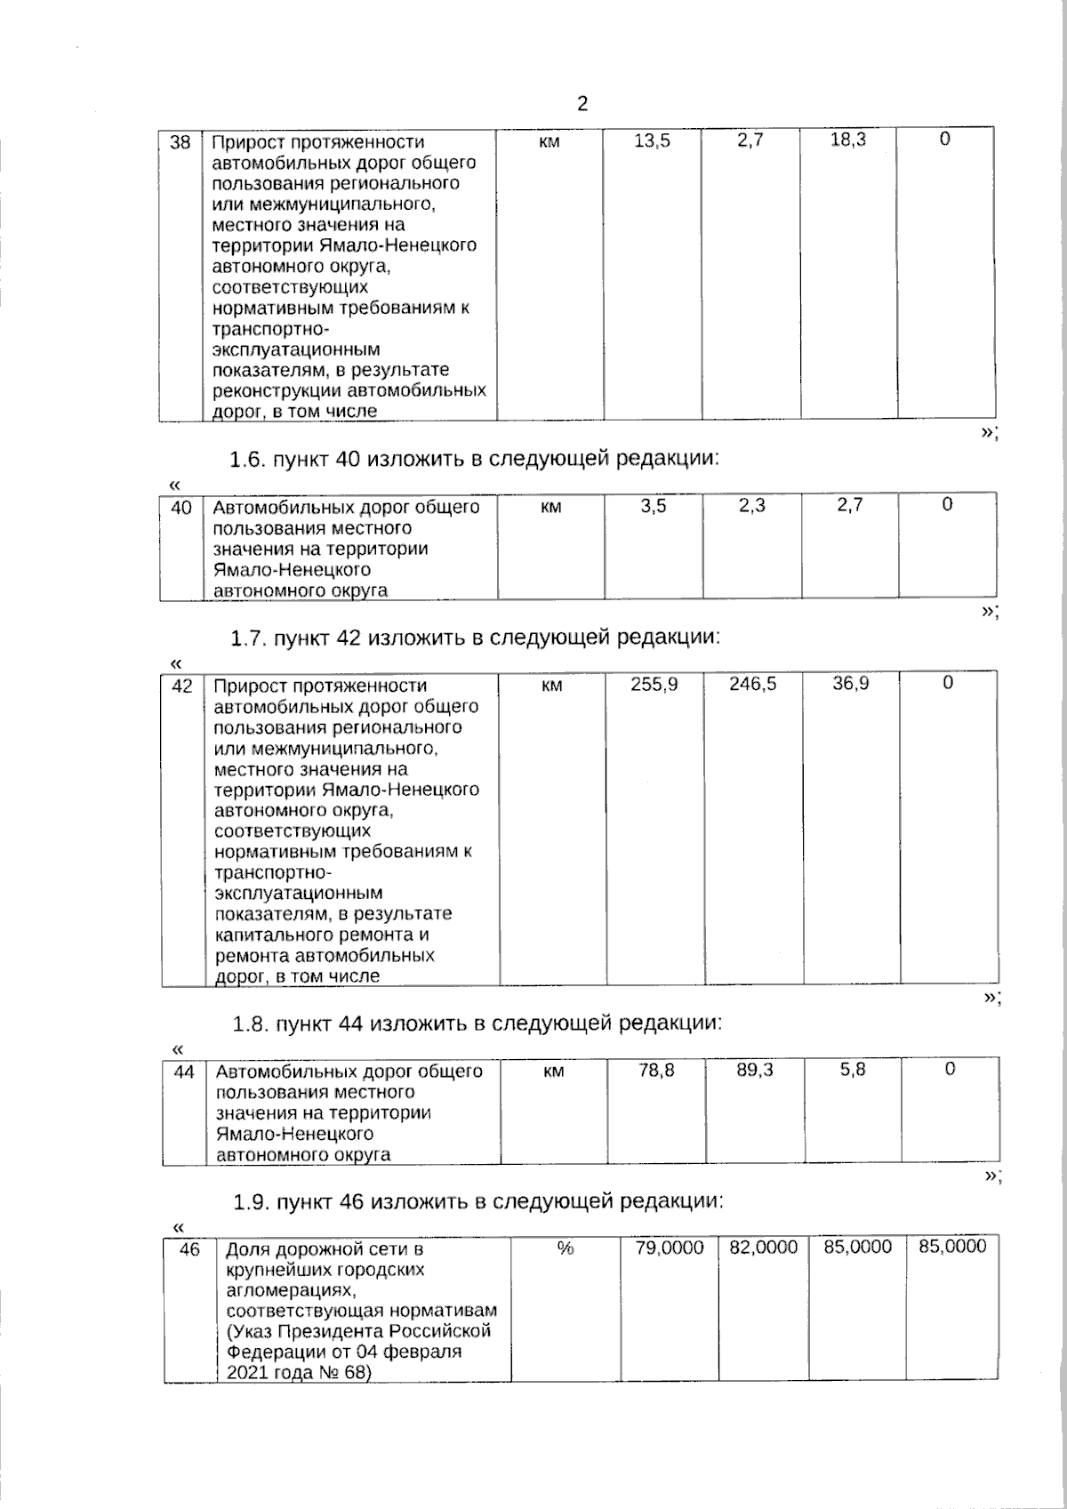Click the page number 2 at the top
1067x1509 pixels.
click(582, 105)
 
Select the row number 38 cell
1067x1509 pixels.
click(181, 142)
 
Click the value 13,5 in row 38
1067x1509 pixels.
click(652, 140)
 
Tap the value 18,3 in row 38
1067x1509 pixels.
click(847, 140)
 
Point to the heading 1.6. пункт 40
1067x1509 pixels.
click(473, 460)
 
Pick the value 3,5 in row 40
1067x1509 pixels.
click(654, 506)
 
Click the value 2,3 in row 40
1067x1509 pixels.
click(751, 506)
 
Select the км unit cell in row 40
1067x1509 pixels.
click(550, 507)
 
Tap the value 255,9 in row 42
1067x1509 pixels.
click(654, 684)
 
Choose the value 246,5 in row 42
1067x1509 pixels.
click(752, 684)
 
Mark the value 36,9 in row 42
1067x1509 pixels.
click(851, 683)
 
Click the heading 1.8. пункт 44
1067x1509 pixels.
click(477, 1023)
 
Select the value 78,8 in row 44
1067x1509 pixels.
click(656, 1071)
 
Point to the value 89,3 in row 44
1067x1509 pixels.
click(755, 1071)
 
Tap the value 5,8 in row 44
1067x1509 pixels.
click(853, 1070)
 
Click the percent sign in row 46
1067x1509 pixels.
click(565, 1248)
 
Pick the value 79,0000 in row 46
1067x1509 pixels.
click(670, 1248)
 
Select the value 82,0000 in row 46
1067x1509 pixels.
click(764, 1248)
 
